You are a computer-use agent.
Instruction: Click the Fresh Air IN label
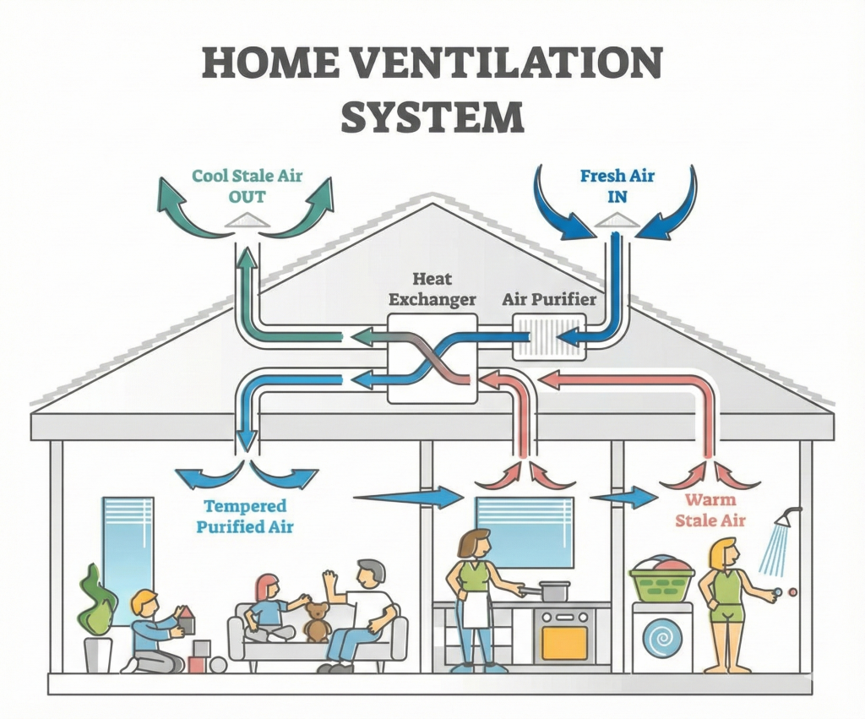617,186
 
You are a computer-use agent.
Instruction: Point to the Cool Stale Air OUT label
246,186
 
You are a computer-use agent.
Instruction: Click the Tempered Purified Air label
245,516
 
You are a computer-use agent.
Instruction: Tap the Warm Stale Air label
710,509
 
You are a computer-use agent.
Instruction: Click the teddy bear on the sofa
317,621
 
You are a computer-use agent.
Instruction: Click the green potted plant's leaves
96,600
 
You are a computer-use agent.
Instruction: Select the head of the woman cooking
476,543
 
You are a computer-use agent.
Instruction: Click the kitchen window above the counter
525,530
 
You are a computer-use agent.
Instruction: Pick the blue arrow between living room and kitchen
410,497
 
